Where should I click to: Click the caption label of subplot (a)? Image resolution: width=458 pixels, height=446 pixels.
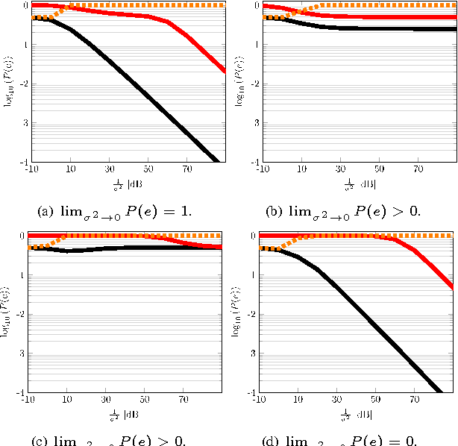[x=114, y=210]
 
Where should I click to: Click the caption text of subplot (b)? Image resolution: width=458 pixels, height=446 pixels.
[x=343, y=210]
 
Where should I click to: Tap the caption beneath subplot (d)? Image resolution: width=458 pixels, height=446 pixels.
[x=343, y=440]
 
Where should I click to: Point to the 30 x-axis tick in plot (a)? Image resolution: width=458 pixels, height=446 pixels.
[x=110, y=169]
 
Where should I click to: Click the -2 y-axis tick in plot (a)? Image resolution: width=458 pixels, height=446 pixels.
[x=25, y=84]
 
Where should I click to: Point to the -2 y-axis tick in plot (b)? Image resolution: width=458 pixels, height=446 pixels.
[x=254, y=84]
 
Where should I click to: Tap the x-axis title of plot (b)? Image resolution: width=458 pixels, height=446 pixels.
[x=360, y=183]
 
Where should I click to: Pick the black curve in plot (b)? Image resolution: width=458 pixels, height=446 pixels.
[x=373, y=29]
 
